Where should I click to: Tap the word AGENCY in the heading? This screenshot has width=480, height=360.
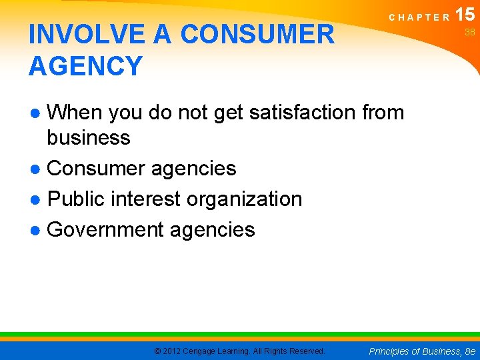coord(86,66)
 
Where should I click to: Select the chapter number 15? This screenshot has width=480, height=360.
coord(465,14)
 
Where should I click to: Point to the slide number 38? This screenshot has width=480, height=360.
coord(469,33)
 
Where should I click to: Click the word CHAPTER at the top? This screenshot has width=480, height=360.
coord(419,18)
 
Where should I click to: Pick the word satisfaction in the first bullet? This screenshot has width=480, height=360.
coord(303,113)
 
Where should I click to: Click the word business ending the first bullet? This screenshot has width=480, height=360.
coord(88,138)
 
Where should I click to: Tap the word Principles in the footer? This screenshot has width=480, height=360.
coord(388,351)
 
